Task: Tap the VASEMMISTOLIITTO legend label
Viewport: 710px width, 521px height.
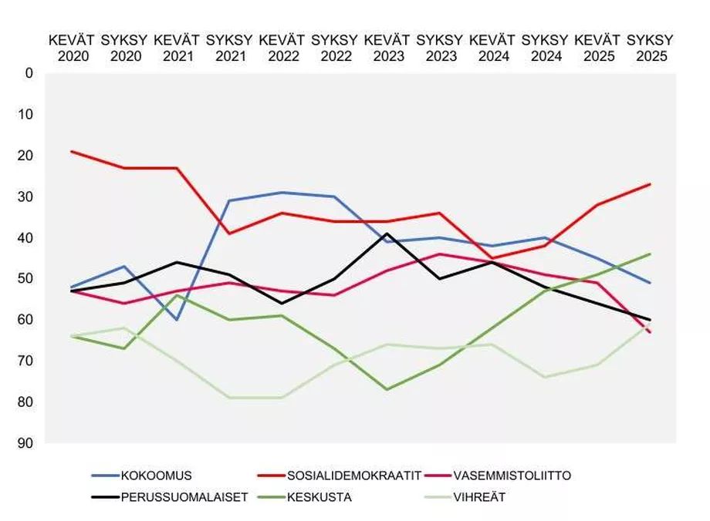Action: pos(512,476)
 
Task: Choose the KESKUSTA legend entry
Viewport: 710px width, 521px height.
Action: pos(319,497)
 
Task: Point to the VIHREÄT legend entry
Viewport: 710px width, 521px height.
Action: pos(480,497)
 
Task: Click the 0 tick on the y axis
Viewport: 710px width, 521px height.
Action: pos(30,73)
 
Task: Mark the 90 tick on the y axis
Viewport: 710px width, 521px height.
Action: pos(27,443)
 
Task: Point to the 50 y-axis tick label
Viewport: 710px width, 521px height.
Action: pos(27,279)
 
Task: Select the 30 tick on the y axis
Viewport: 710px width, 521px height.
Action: pos(27,197)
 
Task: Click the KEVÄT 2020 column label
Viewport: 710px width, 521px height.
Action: pos(72,47)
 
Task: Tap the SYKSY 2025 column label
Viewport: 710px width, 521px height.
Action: pos(650,47)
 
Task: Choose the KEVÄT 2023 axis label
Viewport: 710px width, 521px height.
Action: pos(387,47)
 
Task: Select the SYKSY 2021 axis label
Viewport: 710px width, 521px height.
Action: pos(229,47)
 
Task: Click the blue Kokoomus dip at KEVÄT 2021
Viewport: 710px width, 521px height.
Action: pos(177,319)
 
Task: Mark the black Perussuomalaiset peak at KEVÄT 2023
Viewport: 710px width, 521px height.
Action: pos(387,234)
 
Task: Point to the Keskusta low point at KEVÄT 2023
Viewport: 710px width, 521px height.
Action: pos(387,389)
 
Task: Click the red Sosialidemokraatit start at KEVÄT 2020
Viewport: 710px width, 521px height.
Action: pos(72,151)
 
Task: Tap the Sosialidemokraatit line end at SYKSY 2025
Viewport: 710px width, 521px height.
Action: pos(650,184)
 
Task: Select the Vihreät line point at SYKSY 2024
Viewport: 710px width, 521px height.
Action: pos(545,377)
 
